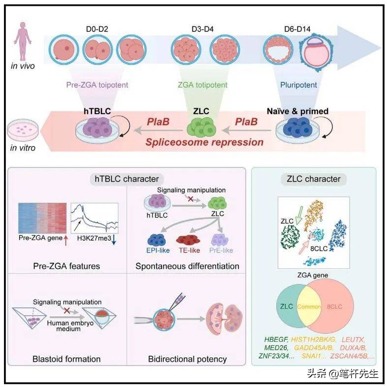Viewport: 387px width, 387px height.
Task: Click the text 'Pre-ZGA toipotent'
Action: tap(97, 85)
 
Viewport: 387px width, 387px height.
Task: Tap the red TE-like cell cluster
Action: tap(189, 240)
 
